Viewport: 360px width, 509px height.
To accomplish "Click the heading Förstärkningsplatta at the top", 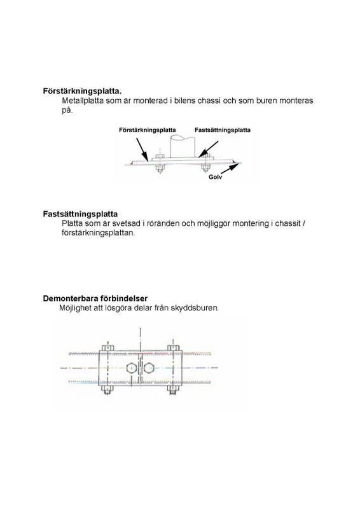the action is click(82, 90).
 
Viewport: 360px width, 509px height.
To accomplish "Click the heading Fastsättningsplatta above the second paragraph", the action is click(80, 214).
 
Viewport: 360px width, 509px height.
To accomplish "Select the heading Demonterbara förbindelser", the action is click(95, 298).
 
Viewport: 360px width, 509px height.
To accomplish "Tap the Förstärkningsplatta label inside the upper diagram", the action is click(148, 129).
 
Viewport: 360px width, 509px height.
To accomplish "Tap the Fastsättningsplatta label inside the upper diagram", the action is click(222, 129).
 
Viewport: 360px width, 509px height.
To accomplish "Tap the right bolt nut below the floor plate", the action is click(205, 169).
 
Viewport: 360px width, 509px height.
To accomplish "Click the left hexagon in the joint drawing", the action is click(130, 368).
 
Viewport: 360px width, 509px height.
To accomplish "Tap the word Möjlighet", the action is click(76, 308).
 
